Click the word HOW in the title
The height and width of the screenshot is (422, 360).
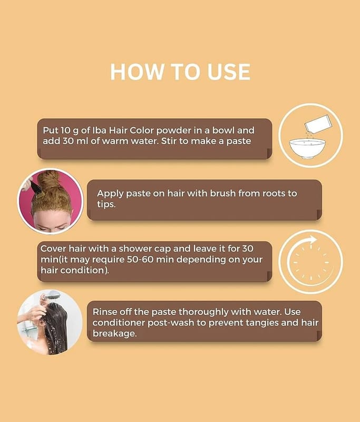[137, 72]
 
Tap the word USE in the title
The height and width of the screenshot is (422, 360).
[229, 72]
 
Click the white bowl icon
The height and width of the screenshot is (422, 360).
[307, 148]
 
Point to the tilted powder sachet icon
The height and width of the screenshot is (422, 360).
[318, 124]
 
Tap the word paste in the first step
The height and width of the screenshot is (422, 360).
[239, 141]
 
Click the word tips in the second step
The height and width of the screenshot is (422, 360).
[106, 204]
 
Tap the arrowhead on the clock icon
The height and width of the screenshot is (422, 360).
[313, 240]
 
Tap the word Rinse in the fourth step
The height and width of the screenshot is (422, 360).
[104, 312]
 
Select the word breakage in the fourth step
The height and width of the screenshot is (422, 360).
[114, 334]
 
